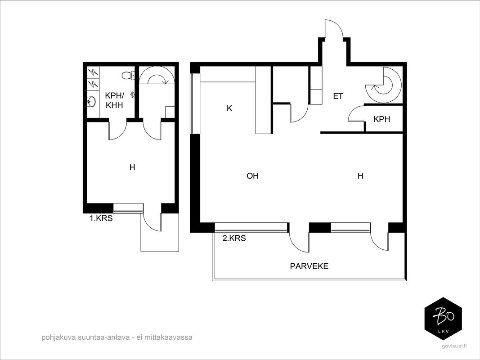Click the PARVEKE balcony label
pos(309,266)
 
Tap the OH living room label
pos(252,175)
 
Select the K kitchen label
pos(229,108)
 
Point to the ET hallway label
pos(338,96)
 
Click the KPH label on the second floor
pos(382,119)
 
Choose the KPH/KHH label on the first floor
pos(114,100)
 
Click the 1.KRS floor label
pos(101,218)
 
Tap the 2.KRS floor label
pos(234,238)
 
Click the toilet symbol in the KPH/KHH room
pos(128,75)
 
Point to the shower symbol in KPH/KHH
pos(132,94)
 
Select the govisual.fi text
pos(455,346)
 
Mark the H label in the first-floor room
pos(132,167)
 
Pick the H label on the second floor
pos(360,175)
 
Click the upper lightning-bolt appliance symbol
pos(93,72)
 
